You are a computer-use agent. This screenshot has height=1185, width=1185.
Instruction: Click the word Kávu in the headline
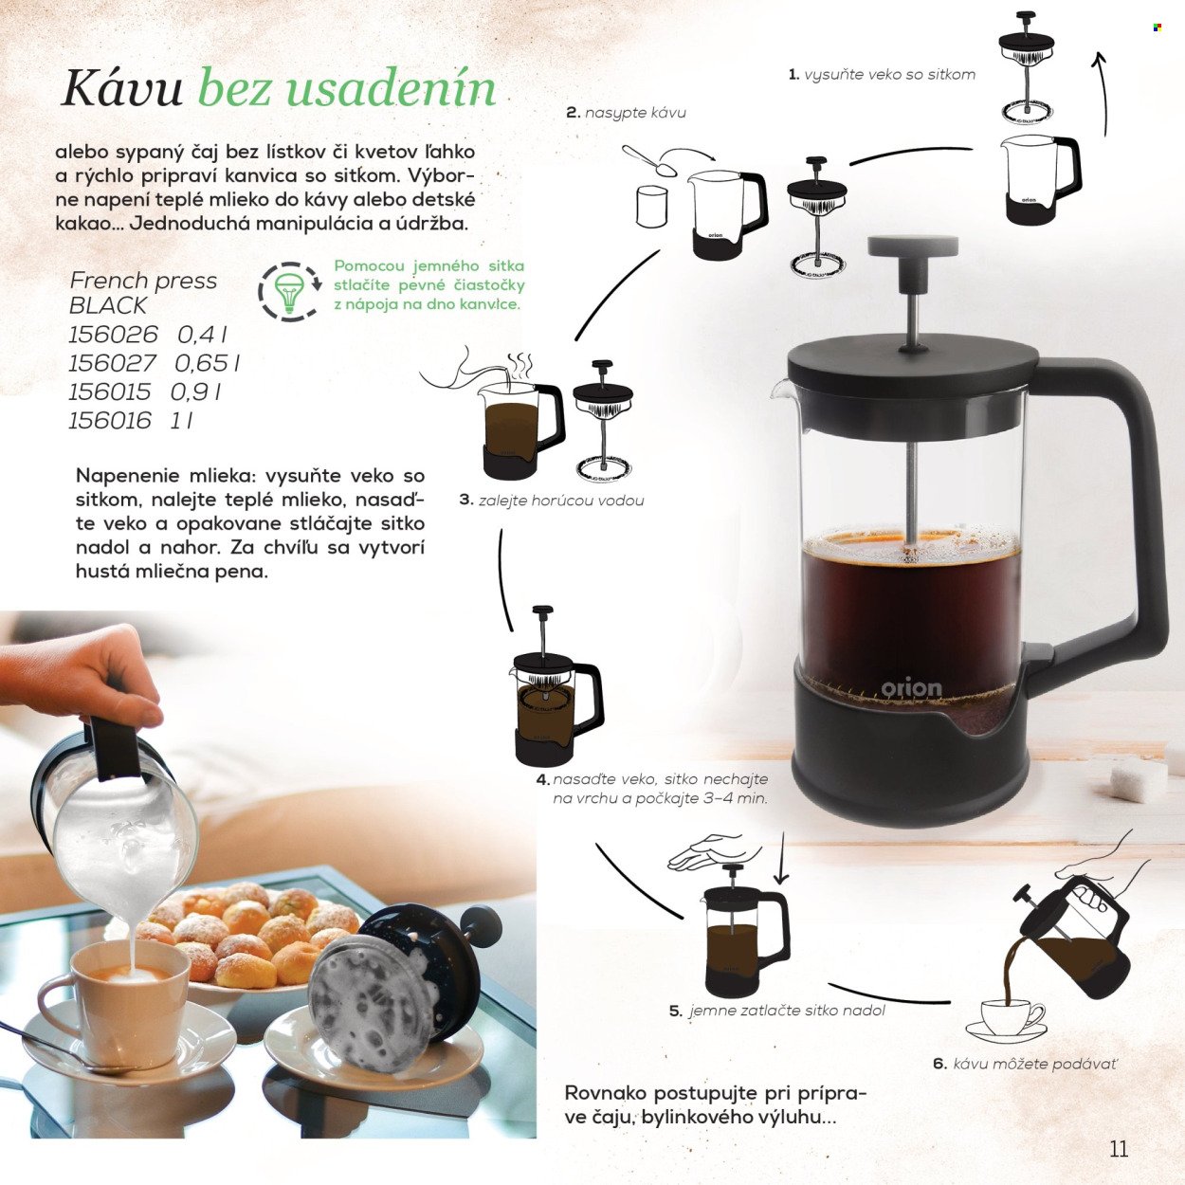pyautogui.click(x=121, y=88)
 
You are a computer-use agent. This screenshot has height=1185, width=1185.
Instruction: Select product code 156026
pyautogui.click(x=113, y=335)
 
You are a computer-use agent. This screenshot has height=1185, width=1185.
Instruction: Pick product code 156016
pyautogui.click(x=109, y=421)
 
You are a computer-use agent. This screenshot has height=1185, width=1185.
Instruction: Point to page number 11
pyautogui.click(x=1119, y=1148)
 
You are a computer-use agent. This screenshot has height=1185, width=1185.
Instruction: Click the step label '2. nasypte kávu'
pyautogui.click(x=626, y=113)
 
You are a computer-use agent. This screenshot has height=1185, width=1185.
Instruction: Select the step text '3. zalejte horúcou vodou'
pyautogui.click(x=552, y=500)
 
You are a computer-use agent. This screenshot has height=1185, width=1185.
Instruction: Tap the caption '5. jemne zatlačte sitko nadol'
pyautogui.click(x=777, y=1011)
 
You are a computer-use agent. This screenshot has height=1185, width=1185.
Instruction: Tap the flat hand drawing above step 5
pyautogui.click(x=713, y=851)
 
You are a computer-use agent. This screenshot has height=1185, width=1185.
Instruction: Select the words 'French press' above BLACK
pyautogui.click(x=143, y=281)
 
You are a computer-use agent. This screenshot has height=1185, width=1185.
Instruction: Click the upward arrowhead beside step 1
pyautogui.click(x=1099, y=61)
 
